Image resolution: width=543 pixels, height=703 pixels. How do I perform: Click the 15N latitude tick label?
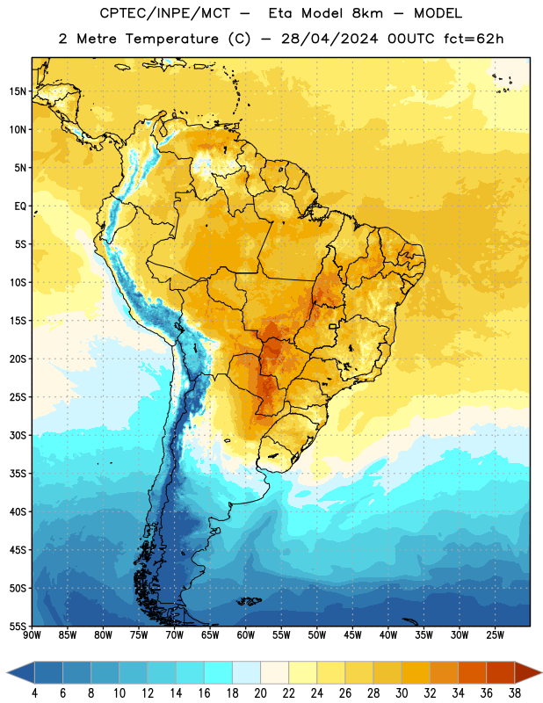pyautogui.click(x=18, y=91)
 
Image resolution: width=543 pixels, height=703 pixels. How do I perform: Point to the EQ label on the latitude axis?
pyautogui.click(x=20, y=207)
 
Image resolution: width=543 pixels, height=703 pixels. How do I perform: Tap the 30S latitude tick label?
pyautogui.click(x=18, y=435)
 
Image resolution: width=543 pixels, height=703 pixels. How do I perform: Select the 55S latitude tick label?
pyautogui.click(x=18, y=626)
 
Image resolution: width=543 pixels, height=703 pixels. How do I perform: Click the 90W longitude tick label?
pyautogui.click(x=32, y=634)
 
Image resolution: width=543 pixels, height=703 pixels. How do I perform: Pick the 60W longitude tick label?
pyautogui.click(x=246, y=634)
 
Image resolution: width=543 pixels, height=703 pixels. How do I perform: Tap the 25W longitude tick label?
pyautogui.click(x=495, y=634)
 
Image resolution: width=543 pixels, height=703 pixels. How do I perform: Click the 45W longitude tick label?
pyautogui.click(x=352, y=634)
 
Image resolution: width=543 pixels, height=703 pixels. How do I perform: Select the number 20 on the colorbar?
pyautogui.click(x=260, y=693)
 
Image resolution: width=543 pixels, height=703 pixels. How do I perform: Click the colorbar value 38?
pyautogui.click(x=515, y=693)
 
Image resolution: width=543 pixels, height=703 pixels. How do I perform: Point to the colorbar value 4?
pyautogui.click(x=34, y=693)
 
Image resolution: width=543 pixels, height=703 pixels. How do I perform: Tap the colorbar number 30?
pyautogui.click(x=402, y=693)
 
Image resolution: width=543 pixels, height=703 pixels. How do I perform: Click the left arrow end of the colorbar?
pyautogui.click(x=7, y=672)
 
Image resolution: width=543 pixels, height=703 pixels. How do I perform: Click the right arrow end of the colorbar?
pyautogui.click(x=541, y=672)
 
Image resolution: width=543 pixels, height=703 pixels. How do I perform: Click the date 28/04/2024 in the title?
pyautogui.click(x=329, y=39)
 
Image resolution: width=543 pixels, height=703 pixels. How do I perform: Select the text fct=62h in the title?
pyautogui.click(x=474, y=39)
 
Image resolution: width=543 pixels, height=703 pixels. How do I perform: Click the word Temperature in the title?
pyautogui.click(x=171, y=39)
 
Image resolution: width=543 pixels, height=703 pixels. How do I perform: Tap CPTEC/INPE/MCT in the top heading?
pyautogui.click(x=164, y=13)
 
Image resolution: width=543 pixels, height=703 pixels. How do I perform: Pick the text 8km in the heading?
pyautogui.click(x=367, y=13)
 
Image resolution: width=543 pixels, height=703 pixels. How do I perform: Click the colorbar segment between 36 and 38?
pyautogui.click(x=501, y=672)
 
